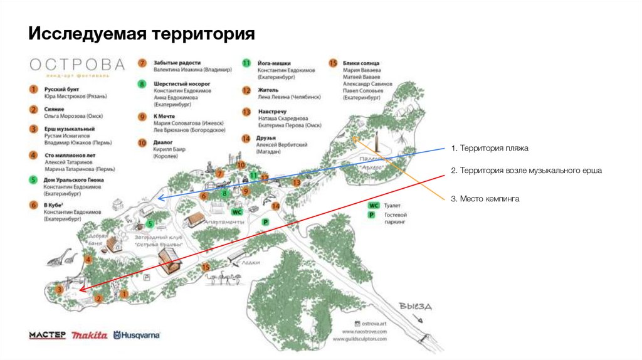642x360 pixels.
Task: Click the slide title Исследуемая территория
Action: click(141, 33)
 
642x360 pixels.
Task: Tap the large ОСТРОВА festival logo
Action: click(76, 65)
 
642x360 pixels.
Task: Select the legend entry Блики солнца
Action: click(361, 63)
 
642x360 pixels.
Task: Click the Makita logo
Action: click(89, 336)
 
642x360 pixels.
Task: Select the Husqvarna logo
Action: click(137, 336)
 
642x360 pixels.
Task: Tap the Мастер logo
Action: click(47, 336)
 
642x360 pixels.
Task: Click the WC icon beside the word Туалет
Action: click(374, 205)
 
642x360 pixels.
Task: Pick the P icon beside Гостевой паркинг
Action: click(374, 217)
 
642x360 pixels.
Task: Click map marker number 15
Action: click(206, 267)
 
